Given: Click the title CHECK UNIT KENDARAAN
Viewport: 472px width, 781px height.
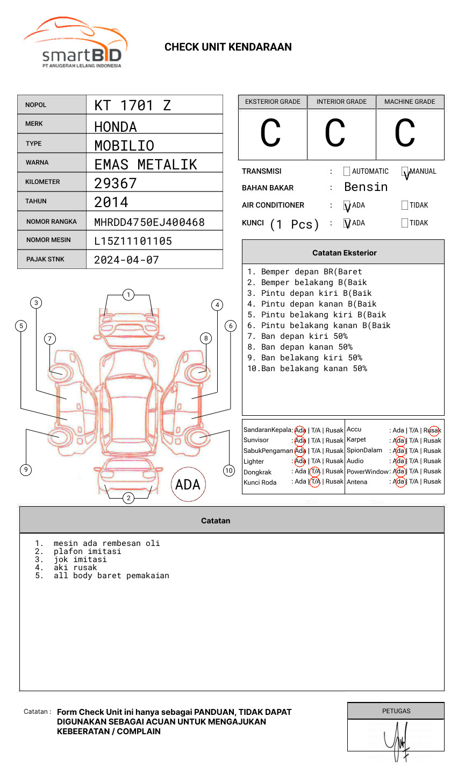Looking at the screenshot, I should [228, 47].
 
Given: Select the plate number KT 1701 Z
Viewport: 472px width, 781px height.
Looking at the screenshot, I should [132, 105].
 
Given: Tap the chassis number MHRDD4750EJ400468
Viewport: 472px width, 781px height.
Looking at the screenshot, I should [149, 222].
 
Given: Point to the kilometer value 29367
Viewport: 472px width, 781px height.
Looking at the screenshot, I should [116, 183].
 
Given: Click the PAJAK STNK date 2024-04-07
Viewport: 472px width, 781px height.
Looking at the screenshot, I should [126, 260].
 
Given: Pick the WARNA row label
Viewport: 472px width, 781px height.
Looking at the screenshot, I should [37, 162].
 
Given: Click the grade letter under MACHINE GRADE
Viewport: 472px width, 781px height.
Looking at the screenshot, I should [405, 133].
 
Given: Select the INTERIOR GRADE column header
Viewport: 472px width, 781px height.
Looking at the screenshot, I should [341, 102].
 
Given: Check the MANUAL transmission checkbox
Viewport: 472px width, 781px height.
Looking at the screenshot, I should [405, 172].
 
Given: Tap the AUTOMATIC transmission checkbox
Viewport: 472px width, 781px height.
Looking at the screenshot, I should [347, 172].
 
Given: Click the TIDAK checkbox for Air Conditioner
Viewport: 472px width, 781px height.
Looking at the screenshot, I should [405, 205].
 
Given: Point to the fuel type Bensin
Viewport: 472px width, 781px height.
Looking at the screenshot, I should [366, 187].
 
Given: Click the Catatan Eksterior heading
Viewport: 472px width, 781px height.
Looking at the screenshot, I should [344, 253].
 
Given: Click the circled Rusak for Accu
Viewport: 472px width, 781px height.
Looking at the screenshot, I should [433, 430].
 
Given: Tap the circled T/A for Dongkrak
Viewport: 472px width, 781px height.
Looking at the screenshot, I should [315, 471].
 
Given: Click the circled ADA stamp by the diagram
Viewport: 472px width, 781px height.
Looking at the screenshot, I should [188, 485].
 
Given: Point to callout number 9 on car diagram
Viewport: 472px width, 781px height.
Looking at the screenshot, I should [26, 470].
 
